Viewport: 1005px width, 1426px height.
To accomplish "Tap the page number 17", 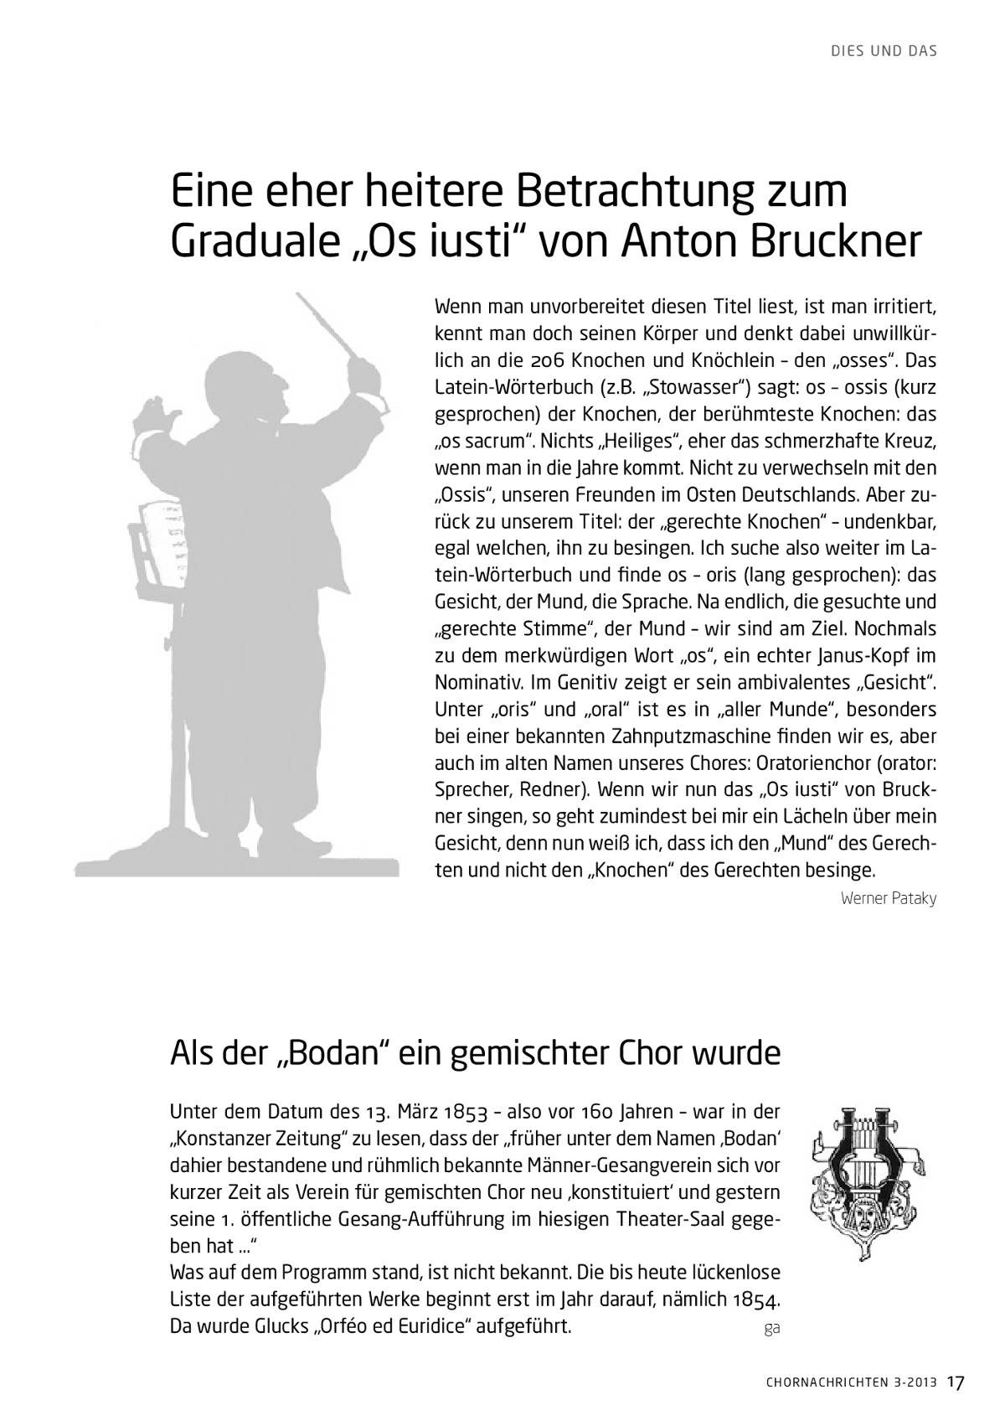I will (957, 1382).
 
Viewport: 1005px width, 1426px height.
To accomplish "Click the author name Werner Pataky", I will (888, 899).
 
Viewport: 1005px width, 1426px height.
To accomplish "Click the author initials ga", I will (771, 1328).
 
